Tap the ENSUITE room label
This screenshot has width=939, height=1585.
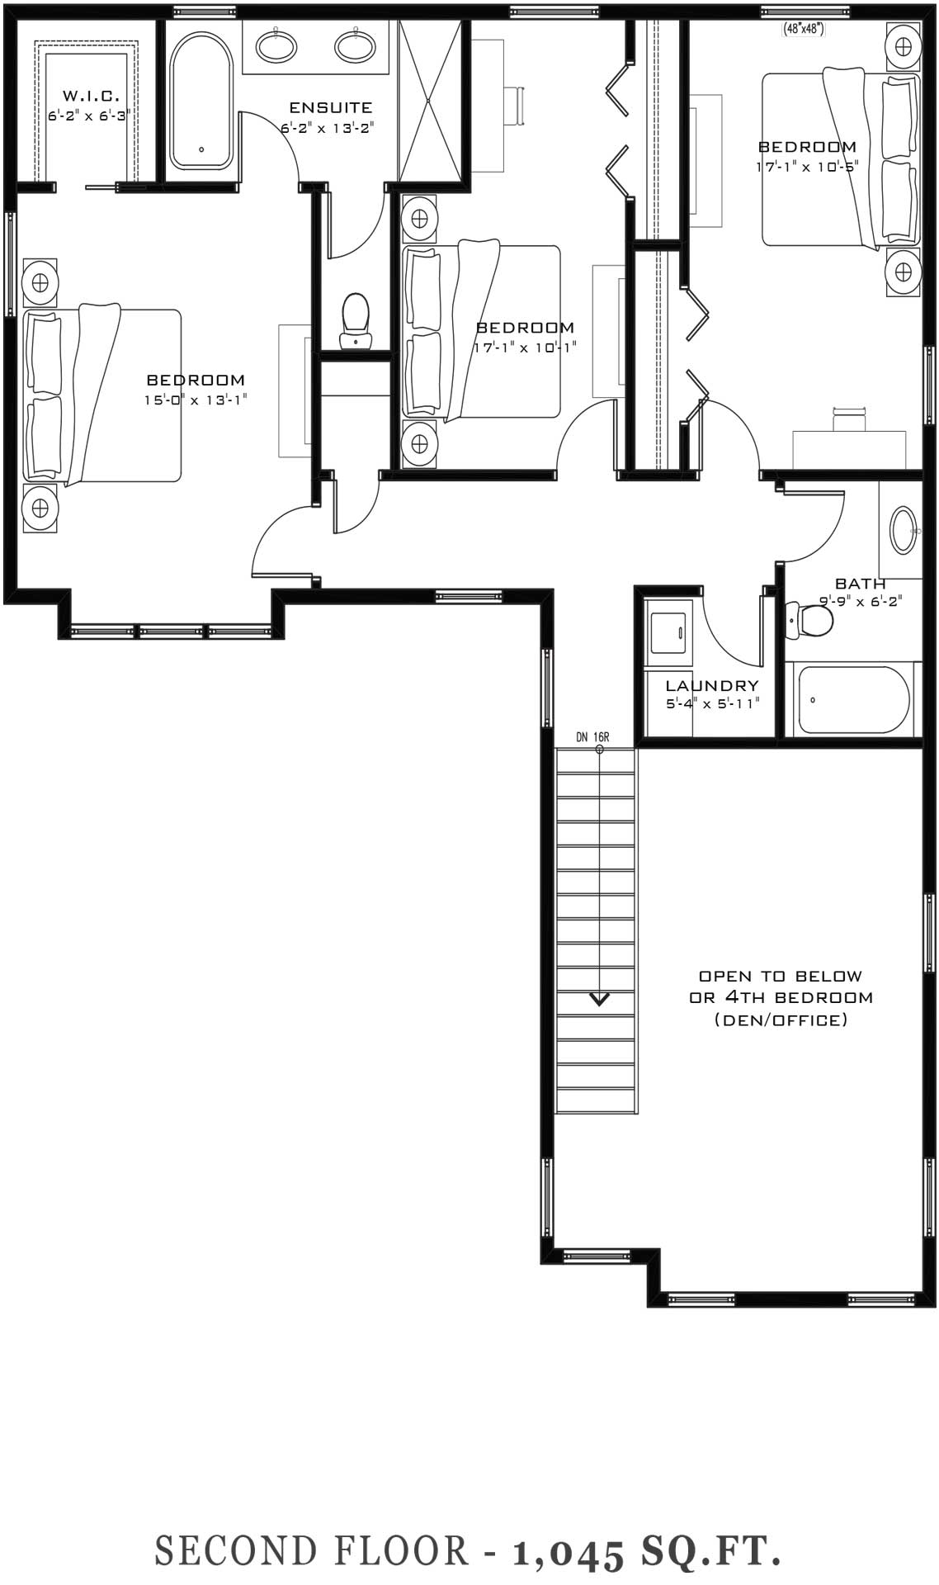330,107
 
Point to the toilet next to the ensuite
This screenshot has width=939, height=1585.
356,320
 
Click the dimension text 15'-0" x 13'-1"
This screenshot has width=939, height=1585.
196,400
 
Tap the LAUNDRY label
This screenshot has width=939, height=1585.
712,686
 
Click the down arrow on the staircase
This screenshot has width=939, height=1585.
599,1000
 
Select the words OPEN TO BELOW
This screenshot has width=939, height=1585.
781,976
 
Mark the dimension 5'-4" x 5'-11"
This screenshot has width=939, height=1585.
712,703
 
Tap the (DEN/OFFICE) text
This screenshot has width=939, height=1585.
781,1020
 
